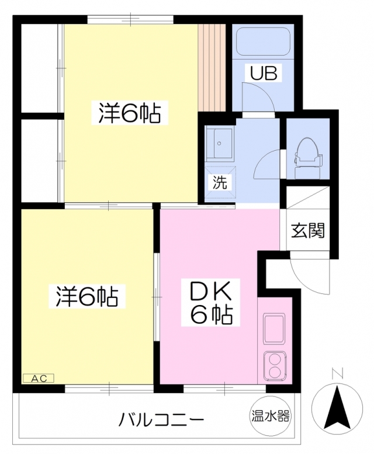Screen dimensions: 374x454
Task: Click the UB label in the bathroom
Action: coord(264,73)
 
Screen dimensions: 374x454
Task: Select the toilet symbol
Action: coord(307,158)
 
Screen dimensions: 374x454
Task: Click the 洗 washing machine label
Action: coord(220,182)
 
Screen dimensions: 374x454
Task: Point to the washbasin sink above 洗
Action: coord(219,144)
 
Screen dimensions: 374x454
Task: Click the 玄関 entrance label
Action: coord(308,231)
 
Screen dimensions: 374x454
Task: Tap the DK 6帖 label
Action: coord(211,302)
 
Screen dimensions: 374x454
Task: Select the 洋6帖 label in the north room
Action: coord(129,113)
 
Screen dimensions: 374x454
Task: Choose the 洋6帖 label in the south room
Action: coord(87,296)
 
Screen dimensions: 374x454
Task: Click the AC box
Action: coord(39,378)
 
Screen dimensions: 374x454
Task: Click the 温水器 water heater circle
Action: coord(270,416)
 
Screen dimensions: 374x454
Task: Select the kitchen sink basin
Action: coord(273,328)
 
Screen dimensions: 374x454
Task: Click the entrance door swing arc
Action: coord(303,282)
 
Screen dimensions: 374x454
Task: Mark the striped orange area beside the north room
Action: coord(212,67)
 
